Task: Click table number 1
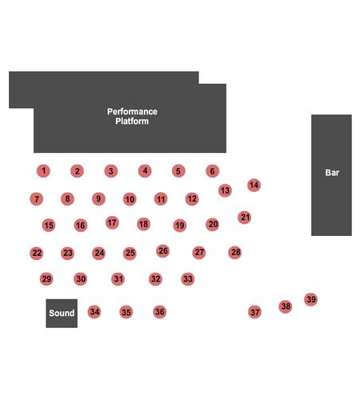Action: click(43, 171)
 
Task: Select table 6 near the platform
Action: click(213, 171)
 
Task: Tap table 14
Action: click(254, 185)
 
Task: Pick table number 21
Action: click(245, 218)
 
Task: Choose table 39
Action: click(311, 299)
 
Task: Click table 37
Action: click(255, 312)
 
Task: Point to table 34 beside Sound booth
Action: click(94, 312)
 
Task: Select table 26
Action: click(163, 251)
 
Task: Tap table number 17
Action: click(112, 222)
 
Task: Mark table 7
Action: click(37, 199)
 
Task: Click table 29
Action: click(46, 279)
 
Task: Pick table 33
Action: click(188, 279)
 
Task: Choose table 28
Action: click(235, 252)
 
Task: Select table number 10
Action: click(130, 199)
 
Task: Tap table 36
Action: click(160, 312)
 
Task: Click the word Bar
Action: click(332, 173)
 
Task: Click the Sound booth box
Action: click(62, 314)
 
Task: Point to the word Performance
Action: click(132, 111)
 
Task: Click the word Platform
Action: click(132, 121)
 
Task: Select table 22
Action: click(37, 253)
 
